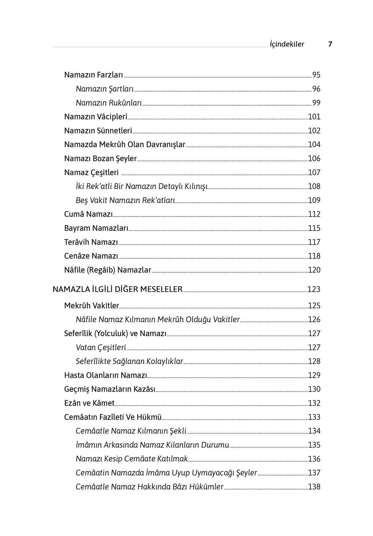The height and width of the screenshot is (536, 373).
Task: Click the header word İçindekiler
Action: pyautogui.click(x=287, y=44)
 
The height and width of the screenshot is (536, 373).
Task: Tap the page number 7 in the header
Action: pyautogui.click(x=330, y=44)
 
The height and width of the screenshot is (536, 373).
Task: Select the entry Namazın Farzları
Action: pyautogui.click(x=94, y=75)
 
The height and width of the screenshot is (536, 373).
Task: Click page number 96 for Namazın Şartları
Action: pyautogui.click(x=316, y=89)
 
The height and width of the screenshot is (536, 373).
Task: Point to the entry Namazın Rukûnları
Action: pyautogui.click(x=109, y=103)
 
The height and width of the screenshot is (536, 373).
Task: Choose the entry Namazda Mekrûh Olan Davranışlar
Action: pyautogui.click(x=125, y=145)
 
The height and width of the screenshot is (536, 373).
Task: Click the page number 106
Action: pyautogui.click(x=314, y=159)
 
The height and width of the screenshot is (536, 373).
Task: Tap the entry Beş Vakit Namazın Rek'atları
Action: pyautogui.click(x=125, y=200)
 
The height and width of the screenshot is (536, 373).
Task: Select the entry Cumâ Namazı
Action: pyautogui.click(x=88, y=214)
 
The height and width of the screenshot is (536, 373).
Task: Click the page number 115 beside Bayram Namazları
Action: pyautogui.click(x=314, y=228)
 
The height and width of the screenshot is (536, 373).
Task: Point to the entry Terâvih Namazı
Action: pyautogui.click(x=91, y=242)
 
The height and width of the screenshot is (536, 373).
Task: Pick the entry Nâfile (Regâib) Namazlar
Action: pyautogui.click(x=107, y=270)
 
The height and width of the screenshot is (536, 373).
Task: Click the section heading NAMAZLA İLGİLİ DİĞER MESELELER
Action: pyautogui.click(x=117, y=289)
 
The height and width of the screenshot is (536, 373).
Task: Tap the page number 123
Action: pyautogui.click(x=314, y=289)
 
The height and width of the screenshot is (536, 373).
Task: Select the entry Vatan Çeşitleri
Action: pyautogui.click(x=101, y=347)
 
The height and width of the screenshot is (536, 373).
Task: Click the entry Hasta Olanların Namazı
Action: pyautogui.click(x=105, y=375)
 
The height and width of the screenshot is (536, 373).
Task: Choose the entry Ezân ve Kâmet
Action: pyautogui.click(x=89, y=403)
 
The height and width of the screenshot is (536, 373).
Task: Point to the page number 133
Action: pyautogui.click(x=314, y=417)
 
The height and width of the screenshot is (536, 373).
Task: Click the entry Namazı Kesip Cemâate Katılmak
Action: pyautogui.click(x=132, y=459)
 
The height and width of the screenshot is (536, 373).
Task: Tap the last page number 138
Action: pyautogui.click(x=314, y=487)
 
